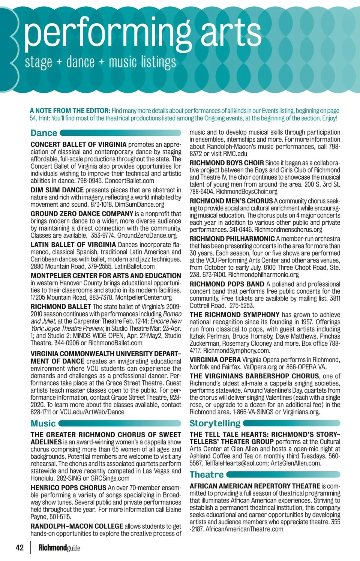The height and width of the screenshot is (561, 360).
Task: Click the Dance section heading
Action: coord(44,133)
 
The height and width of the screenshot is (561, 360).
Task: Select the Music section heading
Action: coord(43,423)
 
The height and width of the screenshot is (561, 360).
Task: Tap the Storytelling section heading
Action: coord(215,423)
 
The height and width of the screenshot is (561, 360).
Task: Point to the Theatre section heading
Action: coord(207,474)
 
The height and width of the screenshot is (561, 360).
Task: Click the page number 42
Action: coord(19,547)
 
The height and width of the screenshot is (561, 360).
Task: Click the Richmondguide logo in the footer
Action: coord(59,547)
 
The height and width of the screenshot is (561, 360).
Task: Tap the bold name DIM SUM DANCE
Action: coord(57,190)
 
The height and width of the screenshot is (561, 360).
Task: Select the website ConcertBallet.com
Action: coord(129,181)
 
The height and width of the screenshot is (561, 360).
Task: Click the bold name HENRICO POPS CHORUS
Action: coord(69,488)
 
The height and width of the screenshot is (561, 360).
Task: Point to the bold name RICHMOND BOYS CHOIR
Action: coord(226,163)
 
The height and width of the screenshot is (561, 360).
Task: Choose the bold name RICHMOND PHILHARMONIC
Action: coord(232,239)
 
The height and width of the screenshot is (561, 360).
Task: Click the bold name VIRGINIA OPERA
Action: coord(215,360)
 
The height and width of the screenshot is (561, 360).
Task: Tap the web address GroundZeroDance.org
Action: coord(147,235)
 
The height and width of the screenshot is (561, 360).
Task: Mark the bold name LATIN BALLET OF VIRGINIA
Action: coord(73,245)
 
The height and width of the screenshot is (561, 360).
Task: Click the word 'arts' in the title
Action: coord(231,33)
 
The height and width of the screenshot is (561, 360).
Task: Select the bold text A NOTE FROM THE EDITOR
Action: coord(70,111)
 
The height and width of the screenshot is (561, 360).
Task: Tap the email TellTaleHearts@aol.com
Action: coord(235,463)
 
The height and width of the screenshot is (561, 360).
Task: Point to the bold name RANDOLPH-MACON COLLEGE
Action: coord(77,526)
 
